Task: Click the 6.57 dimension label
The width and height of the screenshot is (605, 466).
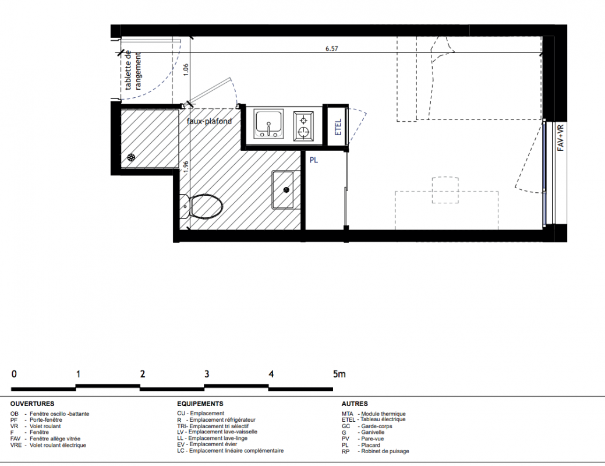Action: [x=331, y=49]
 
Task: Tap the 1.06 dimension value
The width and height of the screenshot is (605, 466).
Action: [x=186, y=69]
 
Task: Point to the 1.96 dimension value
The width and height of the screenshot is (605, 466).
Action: [x=186, y=167]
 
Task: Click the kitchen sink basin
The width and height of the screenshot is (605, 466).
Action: [x=268, y=123]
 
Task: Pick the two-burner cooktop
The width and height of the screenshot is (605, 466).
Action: [x=303, y=125]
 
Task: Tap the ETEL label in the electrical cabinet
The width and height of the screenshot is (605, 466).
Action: [x=338, y=127]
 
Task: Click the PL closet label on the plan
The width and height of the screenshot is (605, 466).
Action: [x=314, y=160]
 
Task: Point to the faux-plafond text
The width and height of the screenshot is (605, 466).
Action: [x=210, y=121]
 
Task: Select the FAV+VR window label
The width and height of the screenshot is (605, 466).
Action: [x=561, y=137]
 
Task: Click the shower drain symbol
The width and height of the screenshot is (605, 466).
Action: [x=132, y=157]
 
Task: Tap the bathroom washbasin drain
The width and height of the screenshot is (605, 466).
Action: [x=286, y=189]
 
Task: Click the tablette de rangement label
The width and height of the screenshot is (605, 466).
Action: [x=133, y=70]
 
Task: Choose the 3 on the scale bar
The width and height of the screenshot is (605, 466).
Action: [x=207, y=374]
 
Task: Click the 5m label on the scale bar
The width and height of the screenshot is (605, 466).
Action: [x=339, y=374]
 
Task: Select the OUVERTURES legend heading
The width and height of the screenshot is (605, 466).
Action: [x=33, y=404]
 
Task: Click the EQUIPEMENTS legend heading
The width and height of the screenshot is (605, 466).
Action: [x=200, y=404]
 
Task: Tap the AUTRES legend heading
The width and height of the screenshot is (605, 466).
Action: [x=355, y=404]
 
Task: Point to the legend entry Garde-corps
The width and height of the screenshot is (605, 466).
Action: [x=367, y=426]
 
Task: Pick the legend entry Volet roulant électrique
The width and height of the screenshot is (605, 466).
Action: [x=48, y=445]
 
